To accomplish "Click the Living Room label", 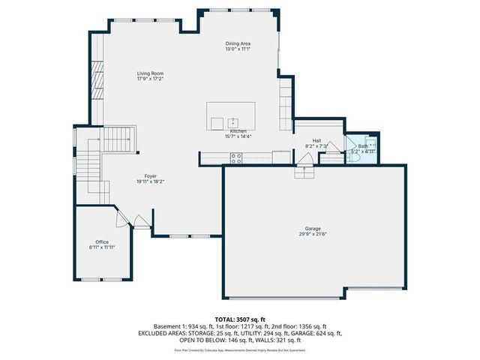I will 150,73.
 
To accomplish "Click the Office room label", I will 102,241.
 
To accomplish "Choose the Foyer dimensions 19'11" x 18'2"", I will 150,181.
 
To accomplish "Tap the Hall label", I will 316,140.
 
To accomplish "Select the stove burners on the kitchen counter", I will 235,158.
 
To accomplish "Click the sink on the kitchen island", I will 233,122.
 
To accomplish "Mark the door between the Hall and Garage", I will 304,160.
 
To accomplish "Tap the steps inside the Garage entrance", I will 304,172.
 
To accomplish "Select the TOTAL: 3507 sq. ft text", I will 239,319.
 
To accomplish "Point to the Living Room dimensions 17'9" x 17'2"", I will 150,79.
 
